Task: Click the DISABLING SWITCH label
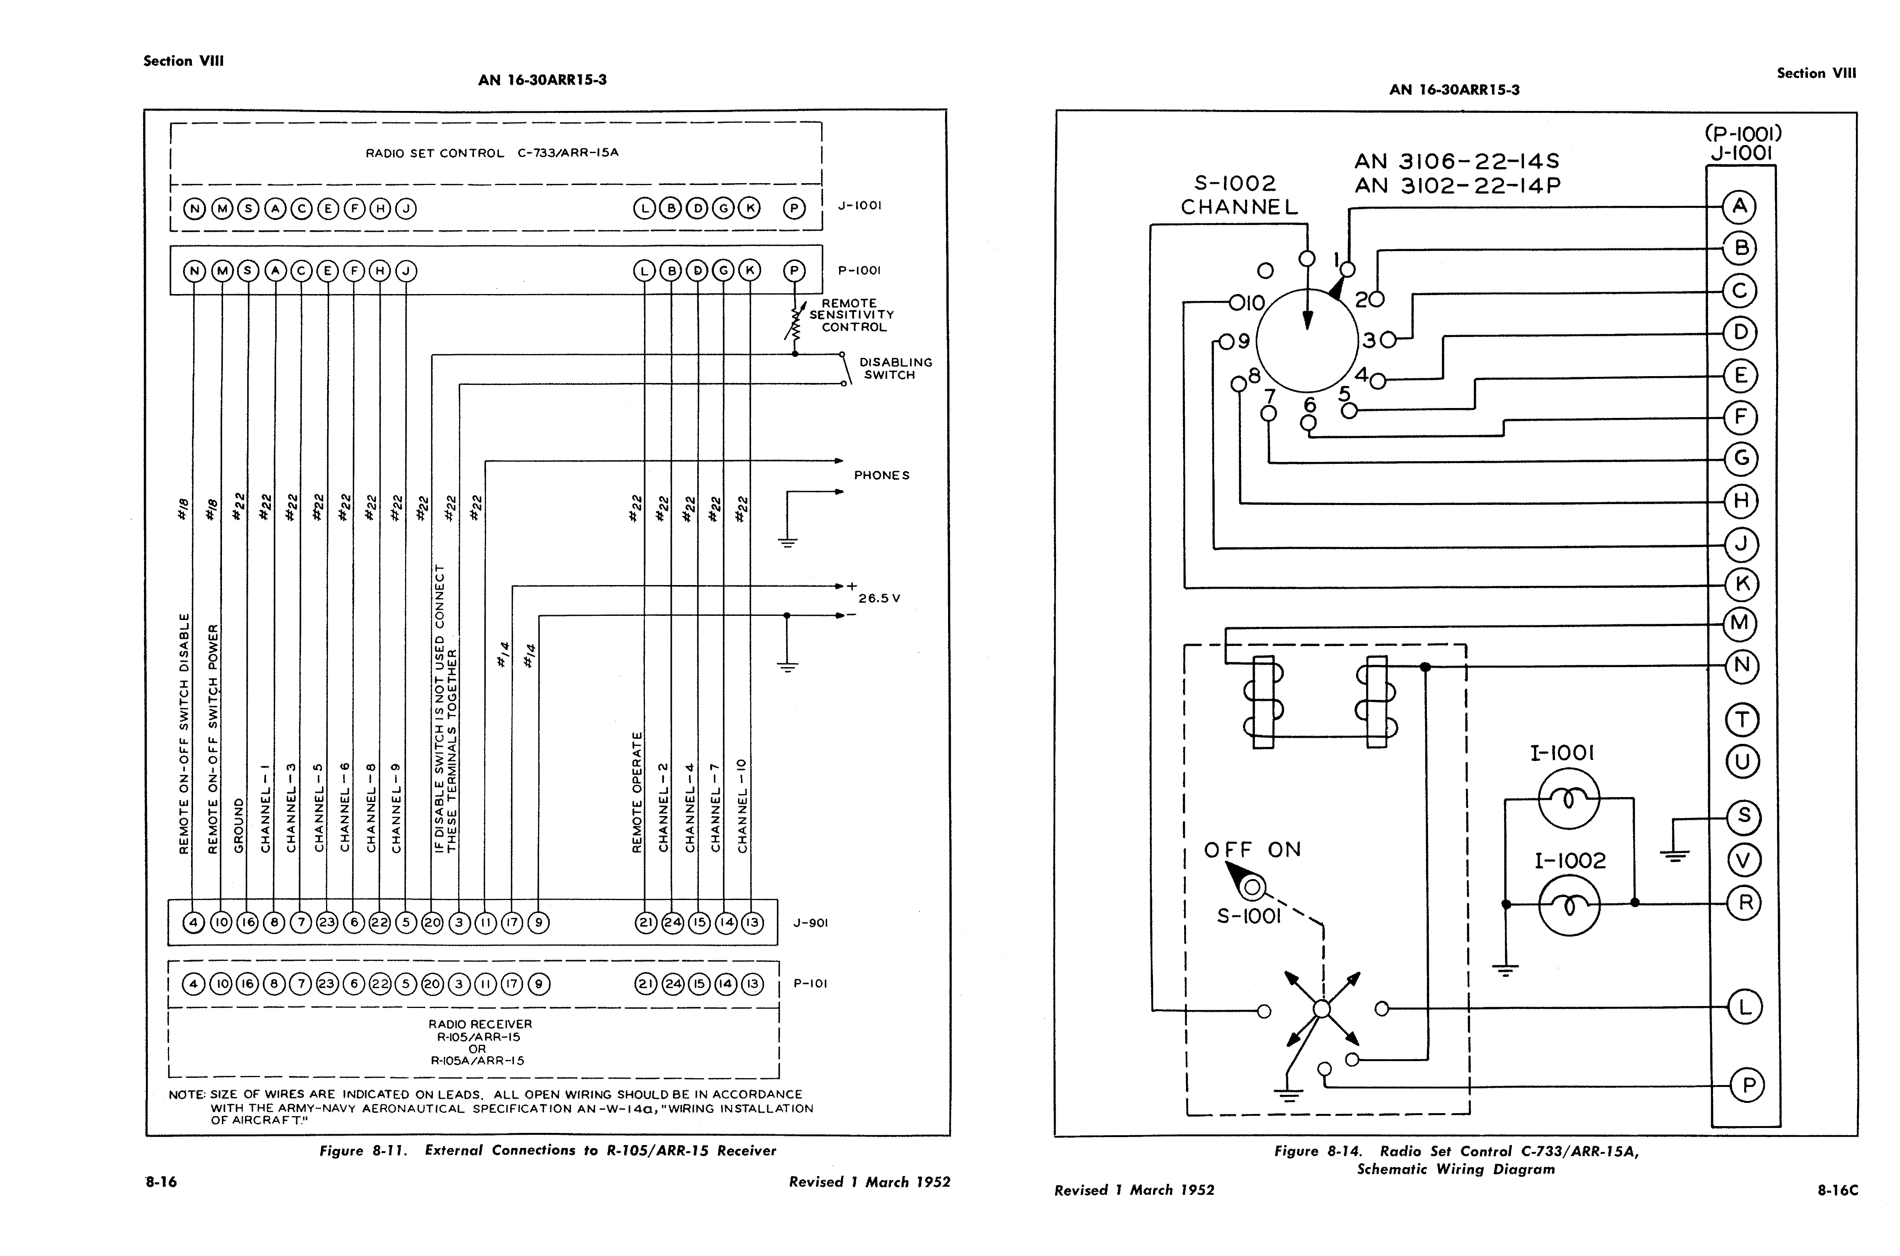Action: [896, 369]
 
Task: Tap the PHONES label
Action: [882, 475]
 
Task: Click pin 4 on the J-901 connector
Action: [194, 923]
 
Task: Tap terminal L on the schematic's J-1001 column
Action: [1745, 1007]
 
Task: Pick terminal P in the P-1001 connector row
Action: [794, 271]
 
